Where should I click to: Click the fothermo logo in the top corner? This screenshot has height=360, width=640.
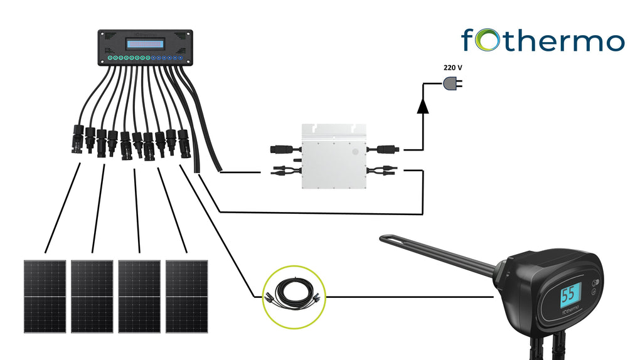coord(543,41)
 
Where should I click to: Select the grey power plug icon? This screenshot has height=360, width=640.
coord(452,82)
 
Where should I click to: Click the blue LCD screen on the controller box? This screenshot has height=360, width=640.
coord(145,44)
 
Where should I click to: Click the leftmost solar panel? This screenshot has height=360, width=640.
coord(45,296)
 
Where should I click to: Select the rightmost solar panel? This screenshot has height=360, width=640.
coord(186,296)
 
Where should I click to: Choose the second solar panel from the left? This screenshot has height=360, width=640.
coord(92,296)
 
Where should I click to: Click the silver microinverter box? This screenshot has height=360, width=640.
coord(333,157)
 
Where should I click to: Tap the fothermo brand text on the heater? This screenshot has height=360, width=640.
coord(569,311)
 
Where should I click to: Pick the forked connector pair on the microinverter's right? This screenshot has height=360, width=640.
coord(383,169)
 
